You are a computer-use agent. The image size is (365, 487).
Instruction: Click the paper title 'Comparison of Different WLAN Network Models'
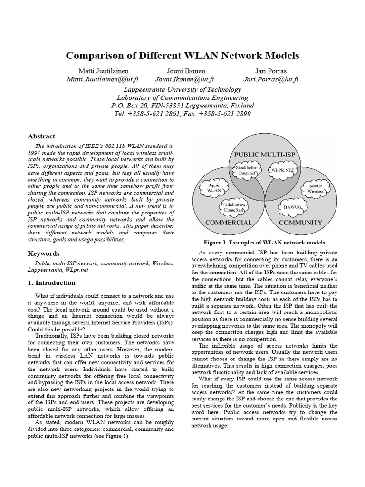point(182,56)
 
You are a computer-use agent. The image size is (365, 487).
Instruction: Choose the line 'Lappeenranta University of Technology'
point(182,89)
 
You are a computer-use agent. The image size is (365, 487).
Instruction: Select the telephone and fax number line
point(182,114)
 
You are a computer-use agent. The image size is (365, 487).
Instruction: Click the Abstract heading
point(42,136)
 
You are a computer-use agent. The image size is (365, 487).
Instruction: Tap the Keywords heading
point(44,253)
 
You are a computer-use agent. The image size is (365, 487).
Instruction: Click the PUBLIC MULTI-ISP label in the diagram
point(265,155)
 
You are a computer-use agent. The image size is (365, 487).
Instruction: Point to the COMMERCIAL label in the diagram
point(228,222)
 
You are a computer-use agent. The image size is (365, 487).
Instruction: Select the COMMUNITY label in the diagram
point(300,222)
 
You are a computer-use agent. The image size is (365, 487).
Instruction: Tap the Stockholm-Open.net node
point(247,171)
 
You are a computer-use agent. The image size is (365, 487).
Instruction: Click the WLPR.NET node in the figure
point(282,169)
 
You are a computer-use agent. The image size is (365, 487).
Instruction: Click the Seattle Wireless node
point(315,189)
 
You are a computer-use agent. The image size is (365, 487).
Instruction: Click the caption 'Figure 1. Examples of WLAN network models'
point(264,242)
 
